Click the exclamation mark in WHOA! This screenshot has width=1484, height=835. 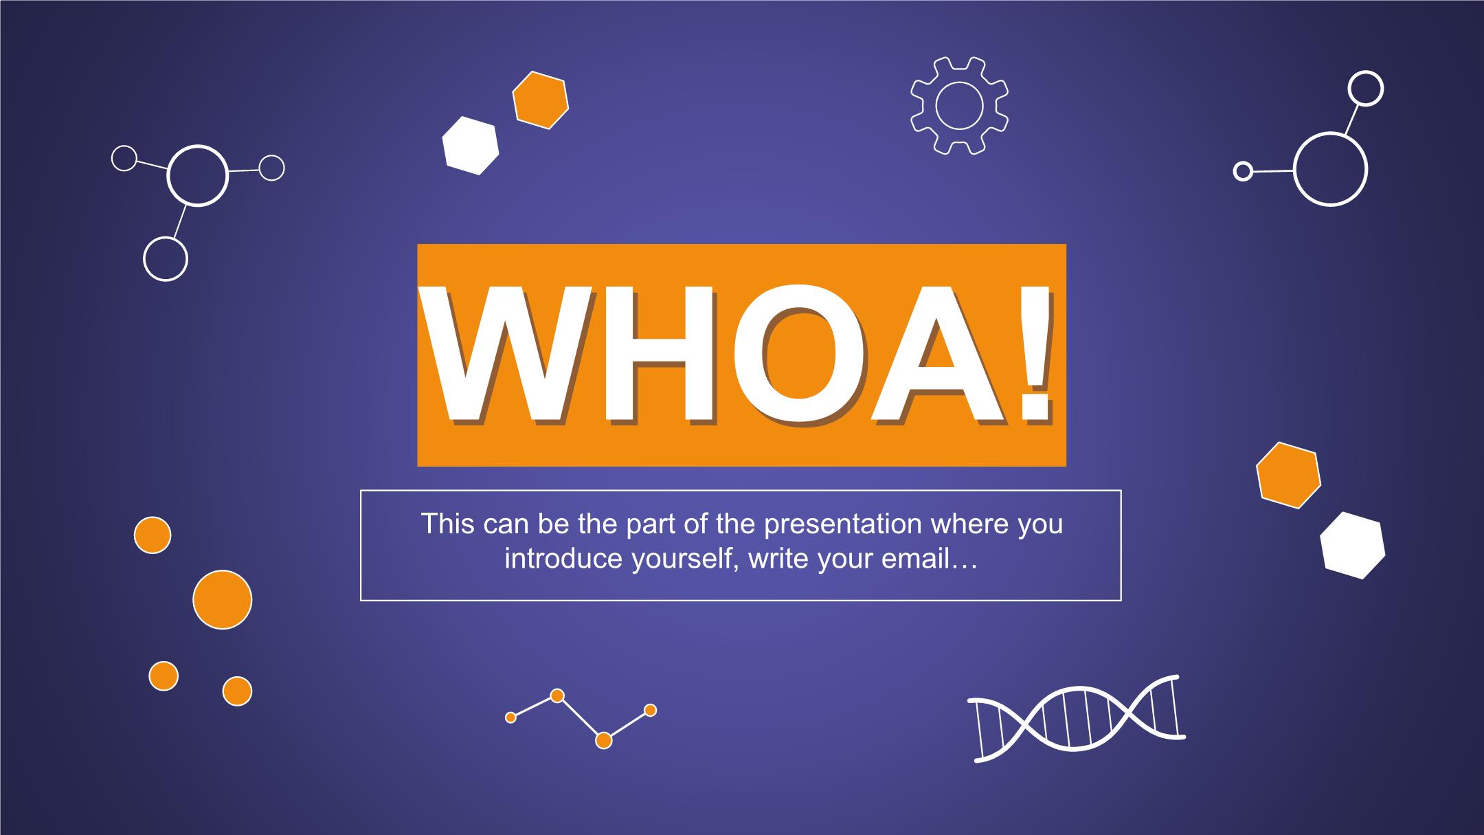(x=1034, y=354)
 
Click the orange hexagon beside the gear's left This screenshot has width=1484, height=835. (x=541, y=100)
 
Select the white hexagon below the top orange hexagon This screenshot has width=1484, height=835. (x=471, y=146)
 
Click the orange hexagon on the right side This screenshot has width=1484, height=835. (x=1288, y=475)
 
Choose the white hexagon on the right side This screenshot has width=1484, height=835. (x=1352, y=545)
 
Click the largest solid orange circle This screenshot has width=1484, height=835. (x=223, y=599)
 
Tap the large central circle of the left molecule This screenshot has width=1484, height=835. (x=198, y=146)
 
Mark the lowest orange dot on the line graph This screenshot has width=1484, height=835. (x=603, y=740)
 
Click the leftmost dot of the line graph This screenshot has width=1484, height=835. (x=510, y=717)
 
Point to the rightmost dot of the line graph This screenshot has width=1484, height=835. (x=650, y=710)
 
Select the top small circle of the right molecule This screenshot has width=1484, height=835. (x=1366, y=72)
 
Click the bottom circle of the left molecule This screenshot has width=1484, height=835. (x=166, y=238)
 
